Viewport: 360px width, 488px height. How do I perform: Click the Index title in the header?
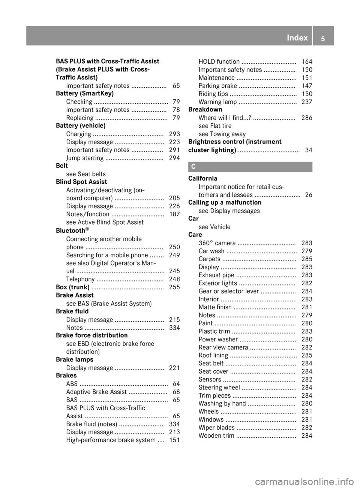point(297,38)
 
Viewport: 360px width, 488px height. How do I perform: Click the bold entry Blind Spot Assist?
point(81,182)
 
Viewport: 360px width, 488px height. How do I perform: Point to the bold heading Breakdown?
point(205,109)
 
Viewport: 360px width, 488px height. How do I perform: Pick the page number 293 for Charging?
point(174,134)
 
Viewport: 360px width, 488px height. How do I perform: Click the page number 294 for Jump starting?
point(174,158)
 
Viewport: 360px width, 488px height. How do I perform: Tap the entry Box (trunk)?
point(72,287)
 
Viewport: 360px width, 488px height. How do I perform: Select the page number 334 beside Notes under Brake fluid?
point(174,328)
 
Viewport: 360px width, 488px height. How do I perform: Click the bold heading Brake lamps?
point(74,359)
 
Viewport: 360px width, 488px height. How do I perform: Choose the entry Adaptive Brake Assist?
point(96,392)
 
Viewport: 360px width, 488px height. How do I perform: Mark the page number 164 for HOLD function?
point(307,61)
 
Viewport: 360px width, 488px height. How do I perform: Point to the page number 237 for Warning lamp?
point(307,102)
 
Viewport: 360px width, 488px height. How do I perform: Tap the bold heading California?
point(203,178)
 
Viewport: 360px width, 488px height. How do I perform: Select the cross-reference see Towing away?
point(222,134)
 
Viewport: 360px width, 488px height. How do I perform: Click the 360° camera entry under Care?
point(217,243)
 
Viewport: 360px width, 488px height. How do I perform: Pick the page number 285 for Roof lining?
point(307,355)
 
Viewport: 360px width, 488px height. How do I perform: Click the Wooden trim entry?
point(216,436)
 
